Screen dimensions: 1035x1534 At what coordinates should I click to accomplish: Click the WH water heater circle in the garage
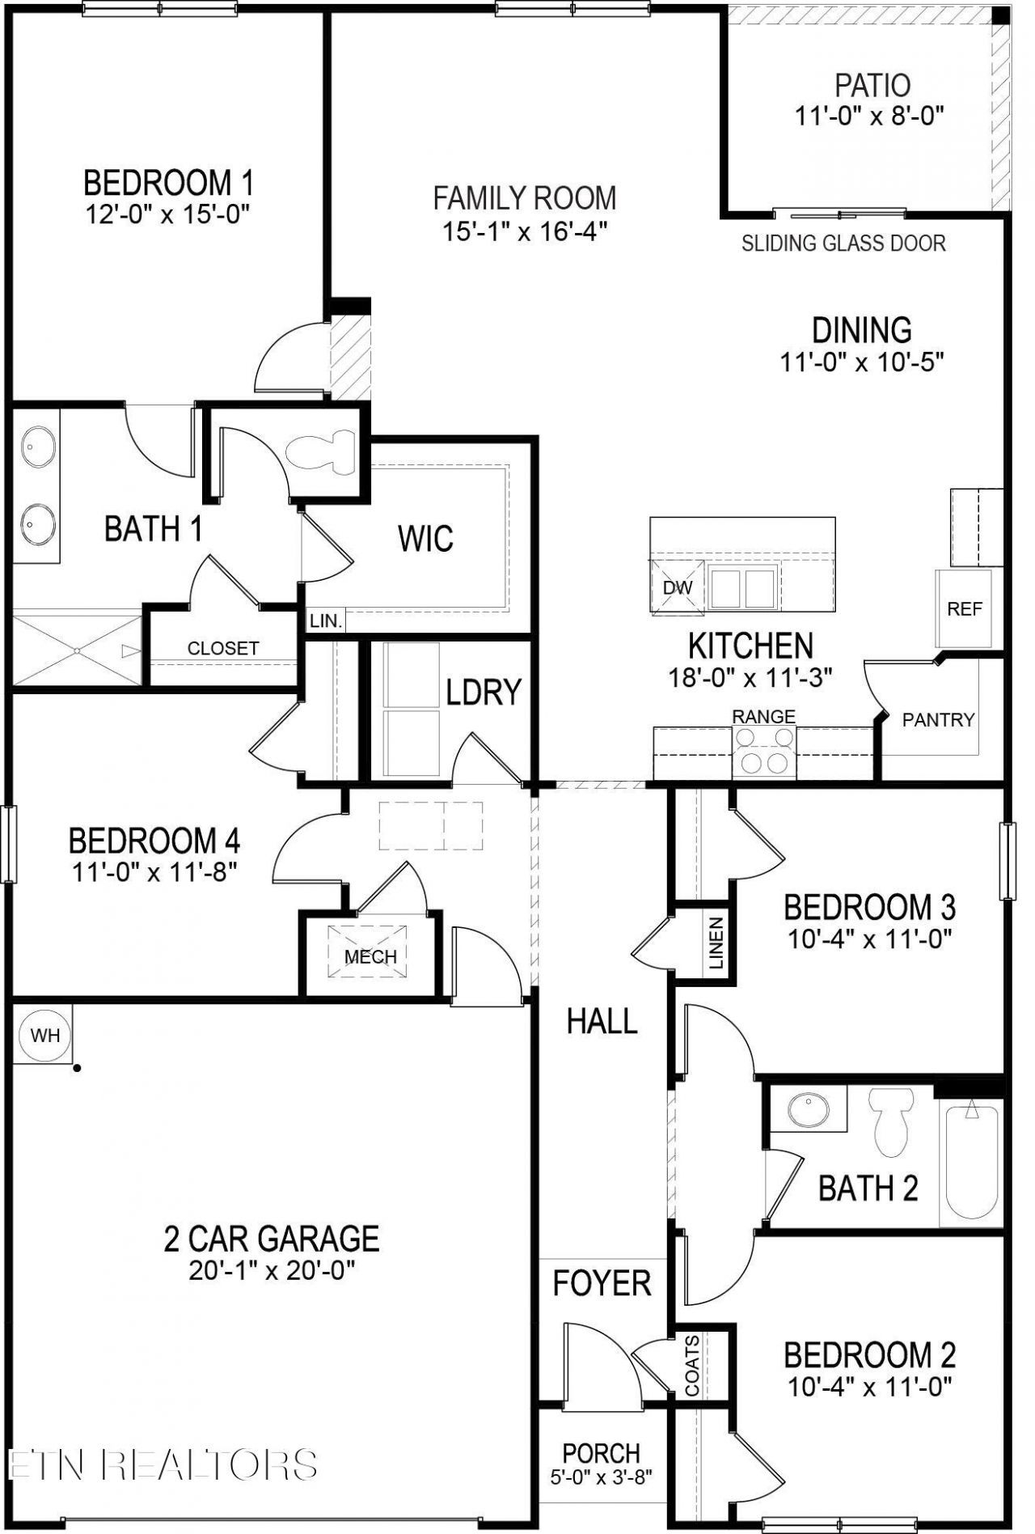tap(45, 1035)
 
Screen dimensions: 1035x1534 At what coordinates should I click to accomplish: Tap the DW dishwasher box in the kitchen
tap(678, 587)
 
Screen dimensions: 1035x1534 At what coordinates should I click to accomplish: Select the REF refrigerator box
tap(964, 608)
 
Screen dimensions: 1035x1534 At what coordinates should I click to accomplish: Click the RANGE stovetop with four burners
tap(764, 752)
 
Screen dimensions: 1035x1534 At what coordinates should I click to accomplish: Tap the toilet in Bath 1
tap(321, 451)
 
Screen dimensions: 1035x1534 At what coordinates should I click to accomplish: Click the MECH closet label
tap(370, 956)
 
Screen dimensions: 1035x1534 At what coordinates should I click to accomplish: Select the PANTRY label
tap(938, 719)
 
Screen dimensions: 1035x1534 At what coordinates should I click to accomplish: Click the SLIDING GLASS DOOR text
tap(843, 243)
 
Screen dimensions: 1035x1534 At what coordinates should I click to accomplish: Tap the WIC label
tap(425, 539)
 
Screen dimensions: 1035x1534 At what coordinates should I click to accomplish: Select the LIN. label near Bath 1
tap(327, 621)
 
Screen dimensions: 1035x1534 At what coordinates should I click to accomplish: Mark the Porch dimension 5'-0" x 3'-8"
tap(602, 1476)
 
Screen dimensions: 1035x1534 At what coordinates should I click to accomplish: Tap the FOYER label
tap(602, 1283)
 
